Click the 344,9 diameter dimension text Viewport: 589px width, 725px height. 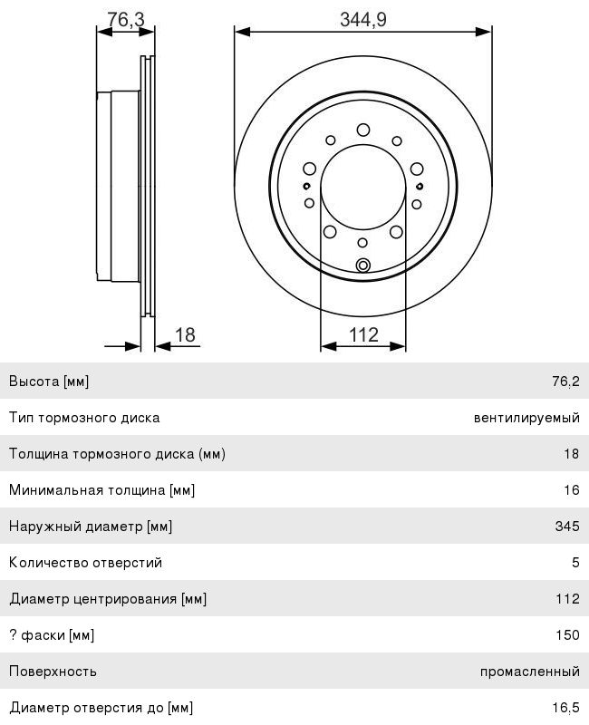click(x=363, y=19)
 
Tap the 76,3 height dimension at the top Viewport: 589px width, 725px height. click(x=126, y=19)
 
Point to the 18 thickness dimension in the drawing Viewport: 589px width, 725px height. click(x=185, y=334)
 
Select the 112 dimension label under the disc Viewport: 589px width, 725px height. click(x=363, y=334)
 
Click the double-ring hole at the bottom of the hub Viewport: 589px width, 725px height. click(x=363, y=266)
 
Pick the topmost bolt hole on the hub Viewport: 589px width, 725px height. click(x=363, y=130)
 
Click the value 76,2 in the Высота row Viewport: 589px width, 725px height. click(x=565, y=381)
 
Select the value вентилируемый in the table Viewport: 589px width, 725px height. click(x=526, y=418)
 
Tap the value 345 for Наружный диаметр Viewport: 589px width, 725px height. click(x=567, y=526)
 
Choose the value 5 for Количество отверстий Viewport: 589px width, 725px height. click(x=575, y=562)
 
